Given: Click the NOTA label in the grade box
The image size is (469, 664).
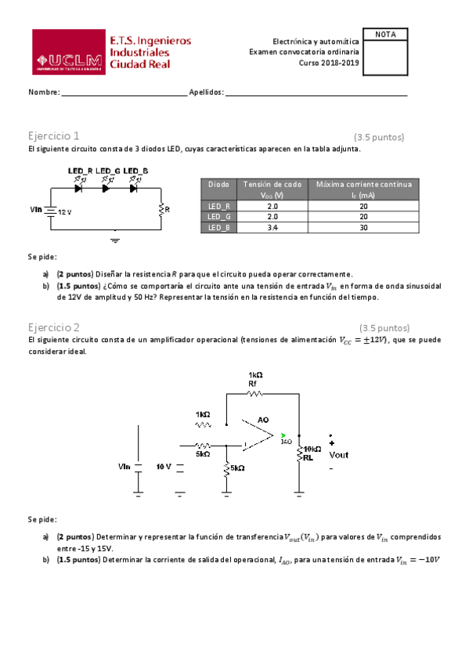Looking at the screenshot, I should pos(386,34).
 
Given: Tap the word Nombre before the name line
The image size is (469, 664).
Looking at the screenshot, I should pos(44,92).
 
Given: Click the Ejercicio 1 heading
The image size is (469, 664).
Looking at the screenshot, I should pos(53,135).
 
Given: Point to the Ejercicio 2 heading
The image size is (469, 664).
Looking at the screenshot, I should pos(53,327).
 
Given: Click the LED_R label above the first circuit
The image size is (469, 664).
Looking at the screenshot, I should pos(81,171).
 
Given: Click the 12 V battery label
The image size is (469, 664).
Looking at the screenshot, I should pos(64,212).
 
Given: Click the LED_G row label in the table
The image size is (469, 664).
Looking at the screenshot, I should pos(219,217).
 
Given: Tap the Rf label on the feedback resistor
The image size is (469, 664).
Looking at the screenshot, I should pos(252,384).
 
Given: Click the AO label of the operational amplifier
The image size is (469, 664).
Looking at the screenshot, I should pos(264,420).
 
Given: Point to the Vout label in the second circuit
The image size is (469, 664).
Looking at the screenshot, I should pos(339,455).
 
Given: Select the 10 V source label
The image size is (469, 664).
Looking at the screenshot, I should pos(164,467).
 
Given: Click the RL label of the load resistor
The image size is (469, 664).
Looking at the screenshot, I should pos(308,458).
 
